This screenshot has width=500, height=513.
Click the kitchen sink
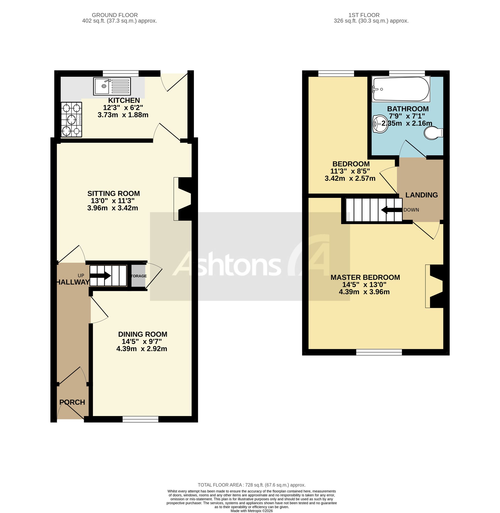(x=112, y=86)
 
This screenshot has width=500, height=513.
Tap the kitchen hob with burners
(x=71, y=119)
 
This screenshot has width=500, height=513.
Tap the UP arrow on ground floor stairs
(x=100, y=276)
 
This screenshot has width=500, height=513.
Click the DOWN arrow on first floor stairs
(x=391, y=210)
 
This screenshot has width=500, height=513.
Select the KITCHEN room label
(x=124, y=100)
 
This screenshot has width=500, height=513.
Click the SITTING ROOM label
(x=113, y=194)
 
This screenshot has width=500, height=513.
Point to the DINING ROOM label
(x=142, y=334)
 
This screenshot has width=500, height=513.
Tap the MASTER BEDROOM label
(x=365, y=277)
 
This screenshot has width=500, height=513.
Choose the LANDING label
(x=421, y=195)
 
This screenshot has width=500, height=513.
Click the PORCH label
(x=72, y=402)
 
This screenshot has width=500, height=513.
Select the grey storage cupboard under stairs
(x=138, y=276)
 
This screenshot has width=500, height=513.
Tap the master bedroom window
(x=379, y=352)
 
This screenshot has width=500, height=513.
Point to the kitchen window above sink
(x=120, y=73)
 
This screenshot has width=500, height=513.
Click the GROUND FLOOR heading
(x=115, y=15)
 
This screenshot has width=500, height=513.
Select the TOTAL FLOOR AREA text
(x=251, y=485)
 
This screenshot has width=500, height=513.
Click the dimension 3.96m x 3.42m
(x=113, y=208)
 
